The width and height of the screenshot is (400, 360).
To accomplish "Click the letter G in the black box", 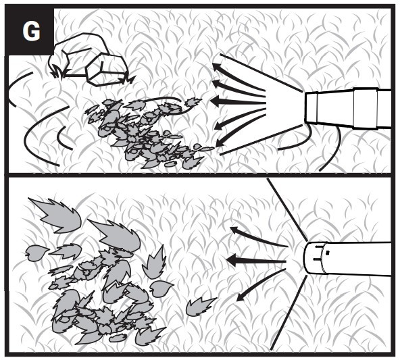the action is (31, 32).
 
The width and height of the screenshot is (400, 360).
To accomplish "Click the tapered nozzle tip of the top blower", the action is (311, 108).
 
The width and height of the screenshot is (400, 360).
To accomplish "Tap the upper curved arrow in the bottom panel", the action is (258, 236).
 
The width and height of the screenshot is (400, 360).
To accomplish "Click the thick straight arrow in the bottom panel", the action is (256, 261).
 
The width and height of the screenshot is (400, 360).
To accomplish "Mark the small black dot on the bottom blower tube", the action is (328, 253).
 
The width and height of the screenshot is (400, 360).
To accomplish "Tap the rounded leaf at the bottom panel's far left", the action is (36, 253).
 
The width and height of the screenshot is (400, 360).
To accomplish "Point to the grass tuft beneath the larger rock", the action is (58, 72).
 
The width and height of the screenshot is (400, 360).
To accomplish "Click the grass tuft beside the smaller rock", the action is (128, 79).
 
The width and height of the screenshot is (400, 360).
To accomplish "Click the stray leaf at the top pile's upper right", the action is (192, 102).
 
